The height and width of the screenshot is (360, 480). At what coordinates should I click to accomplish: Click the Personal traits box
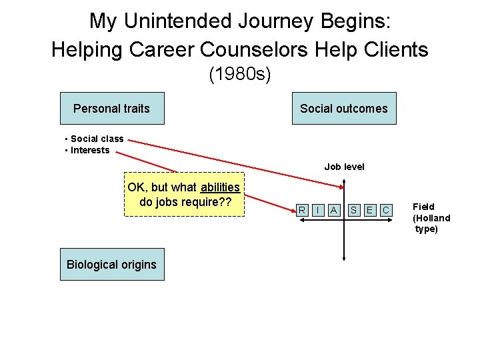[112, 108]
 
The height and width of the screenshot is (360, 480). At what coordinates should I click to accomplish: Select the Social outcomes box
[343, 108]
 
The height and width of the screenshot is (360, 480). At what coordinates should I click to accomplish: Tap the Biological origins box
[111, 264]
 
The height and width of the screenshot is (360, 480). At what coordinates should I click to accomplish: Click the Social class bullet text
[97, 139]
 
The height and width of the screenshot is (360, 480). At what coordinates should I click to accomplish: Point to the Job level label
[344, 167]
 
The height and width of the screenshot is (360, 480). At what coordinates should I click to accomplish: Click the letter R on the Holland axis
[302, 211]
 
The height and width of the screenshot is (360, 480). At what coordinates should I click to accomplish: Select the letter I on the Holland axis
[318, 211]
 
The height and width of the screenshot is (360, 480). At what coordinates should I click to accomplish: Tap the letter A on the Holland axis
[334, 211]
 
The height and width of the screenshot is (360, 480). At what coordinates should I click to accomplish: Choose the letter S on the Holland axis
[354, 211]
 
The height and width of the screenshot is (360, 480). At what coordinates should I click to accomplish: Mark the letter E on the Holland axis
[369, 211]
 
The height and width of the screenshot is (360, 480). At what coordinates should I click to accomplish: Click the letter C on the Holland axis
[385, 211]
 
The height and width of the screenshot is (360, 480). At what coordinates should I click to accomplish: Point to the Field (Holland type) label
[431, 218]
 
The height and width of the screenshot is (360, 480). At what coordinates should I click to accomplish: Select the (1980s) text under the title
[239, 74]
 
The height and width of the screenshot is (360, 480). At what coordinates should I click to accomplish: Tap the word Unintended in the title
[181, 21]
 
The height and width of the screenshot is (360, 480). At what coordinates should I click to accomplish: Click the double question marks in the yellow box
[225, 202]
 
